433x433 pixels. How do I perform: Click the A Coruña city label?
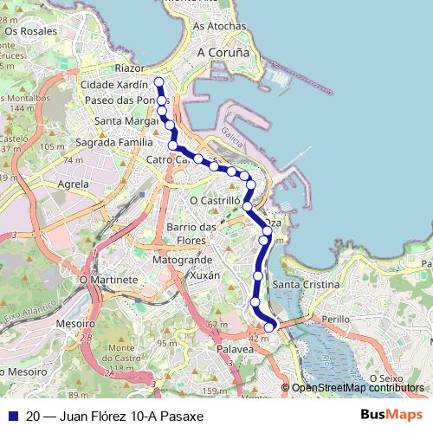[x=223, y=52]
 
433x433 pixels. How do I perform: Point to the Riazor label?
[x=130, y=68]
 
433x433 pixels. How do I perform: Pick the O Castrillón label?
[x=214, y=200]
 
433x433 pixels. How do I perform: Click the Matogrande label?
[x=182, y=259]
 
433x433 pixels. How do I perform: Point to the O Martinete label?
[x=108, y=281]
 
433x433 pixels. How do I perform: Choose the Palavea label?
[x=235, y=348]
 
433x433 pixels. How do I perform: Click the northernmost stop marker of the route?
[x=158, y=82]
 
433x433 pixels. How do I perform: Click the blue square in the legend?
[x=13, y=416]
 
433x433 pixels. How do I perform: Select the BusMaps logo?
[x=391, y=415]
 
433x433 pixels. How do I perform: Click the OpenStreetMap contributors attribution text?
[x=358, y=388]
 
